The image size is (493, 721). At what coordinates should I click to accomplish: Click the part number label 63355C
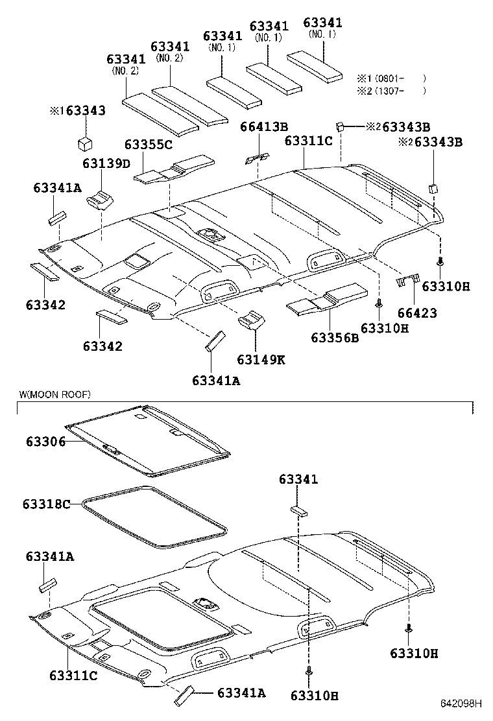pos(149,145)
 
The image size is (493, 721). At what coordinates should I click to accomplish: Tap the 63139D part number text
pos(106,163)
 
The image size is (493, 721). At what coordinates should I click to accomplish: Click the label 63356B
pos(335,338)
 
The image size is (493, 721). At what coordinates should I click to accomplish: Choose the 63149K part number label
pos(261,359)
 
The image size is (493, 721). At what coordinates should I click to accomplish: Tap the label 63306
pos(45,442)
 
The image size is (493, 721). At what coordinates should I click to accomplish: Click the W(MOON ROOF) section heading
pos(54,394)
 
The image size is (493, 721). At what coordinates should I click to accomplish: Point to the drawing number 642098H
pos(463,703)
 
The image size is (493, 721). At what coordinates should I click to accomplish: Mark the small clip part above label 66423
pos(407,280)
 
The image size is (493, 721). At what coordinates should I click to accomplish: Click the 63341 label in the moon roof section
pos(298,479)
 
